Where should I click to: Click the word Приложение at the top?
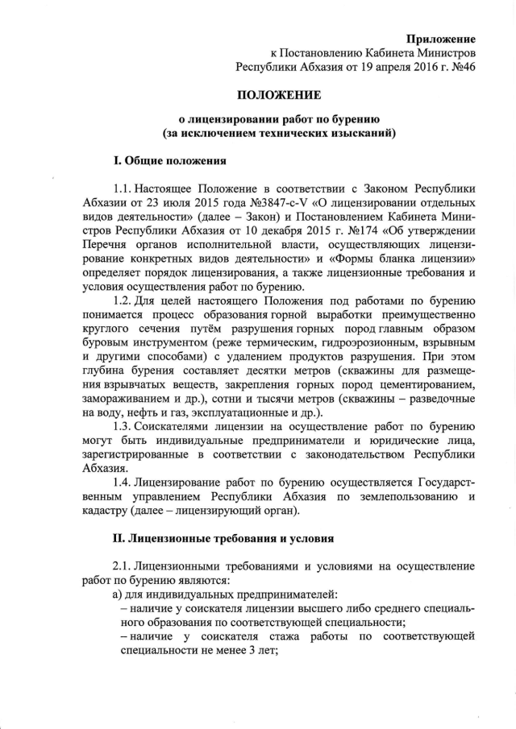click(440, 39)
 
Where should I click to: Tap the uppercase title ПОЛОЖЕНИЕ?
click(278, 94)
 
